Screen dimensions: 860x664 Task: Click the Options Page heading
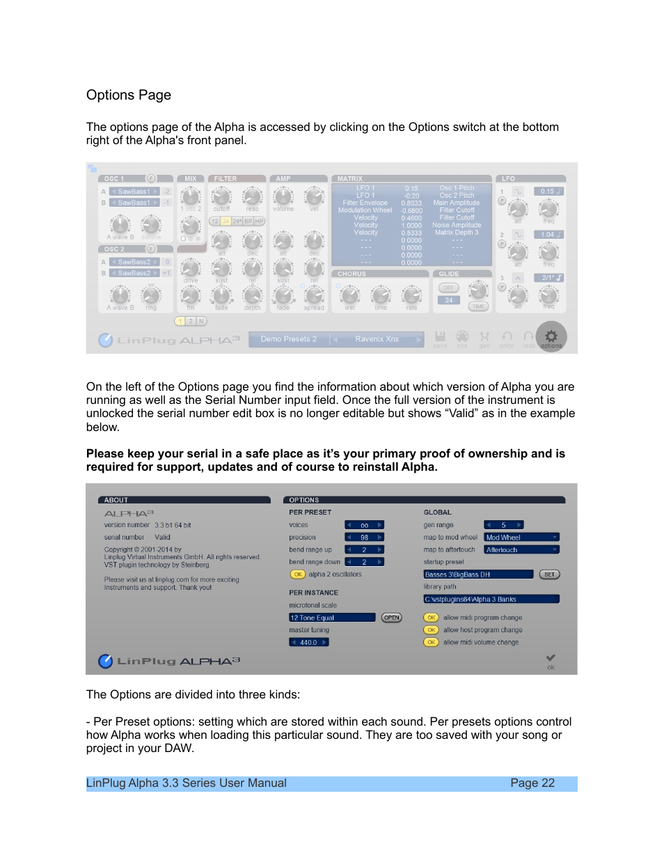(x=129, y=95)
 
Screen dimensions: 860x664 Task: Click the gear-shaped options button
(x=551, y=336)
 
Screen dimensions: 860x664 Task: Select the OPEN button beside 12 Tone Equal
(x=392, y=618)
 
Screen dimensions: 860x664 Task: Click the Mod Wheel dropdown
(x=521, y=538)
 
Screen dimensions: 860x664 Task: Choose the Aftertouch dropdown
(x=521, y=550)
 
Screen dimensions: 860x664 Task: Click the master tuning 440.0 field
(x=308, y=643)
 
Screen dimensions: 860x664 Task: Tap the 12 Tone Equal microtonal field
(x=332, y=618)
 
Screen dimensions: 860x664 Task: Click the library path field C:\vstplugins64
(x=491, y=599)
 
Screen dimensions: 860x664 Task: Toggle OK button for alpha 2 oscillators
(x=298, y=574)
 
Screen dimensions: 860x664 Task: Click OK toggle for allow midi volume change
(x=432, y=642)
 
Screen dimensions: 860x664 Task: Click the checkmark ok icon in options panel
(x=551, y=658)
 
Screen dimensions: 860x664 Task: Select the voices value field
(x=364, y=525)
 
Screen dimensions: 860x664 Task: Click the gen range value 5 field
(x=503, y=525)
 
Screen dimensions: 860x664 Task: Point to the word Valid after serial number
(x=162, y=538)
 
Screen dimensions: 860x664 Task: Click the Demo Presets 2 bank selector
(x=288, y=339)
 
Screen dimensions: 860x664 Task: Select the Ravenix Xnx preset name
(x=377, y=339)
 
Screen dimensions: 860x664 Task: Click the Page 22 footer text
(x=532, y=783)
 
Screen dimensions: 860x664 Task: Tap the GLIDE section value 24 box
(x=449, y=300)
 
